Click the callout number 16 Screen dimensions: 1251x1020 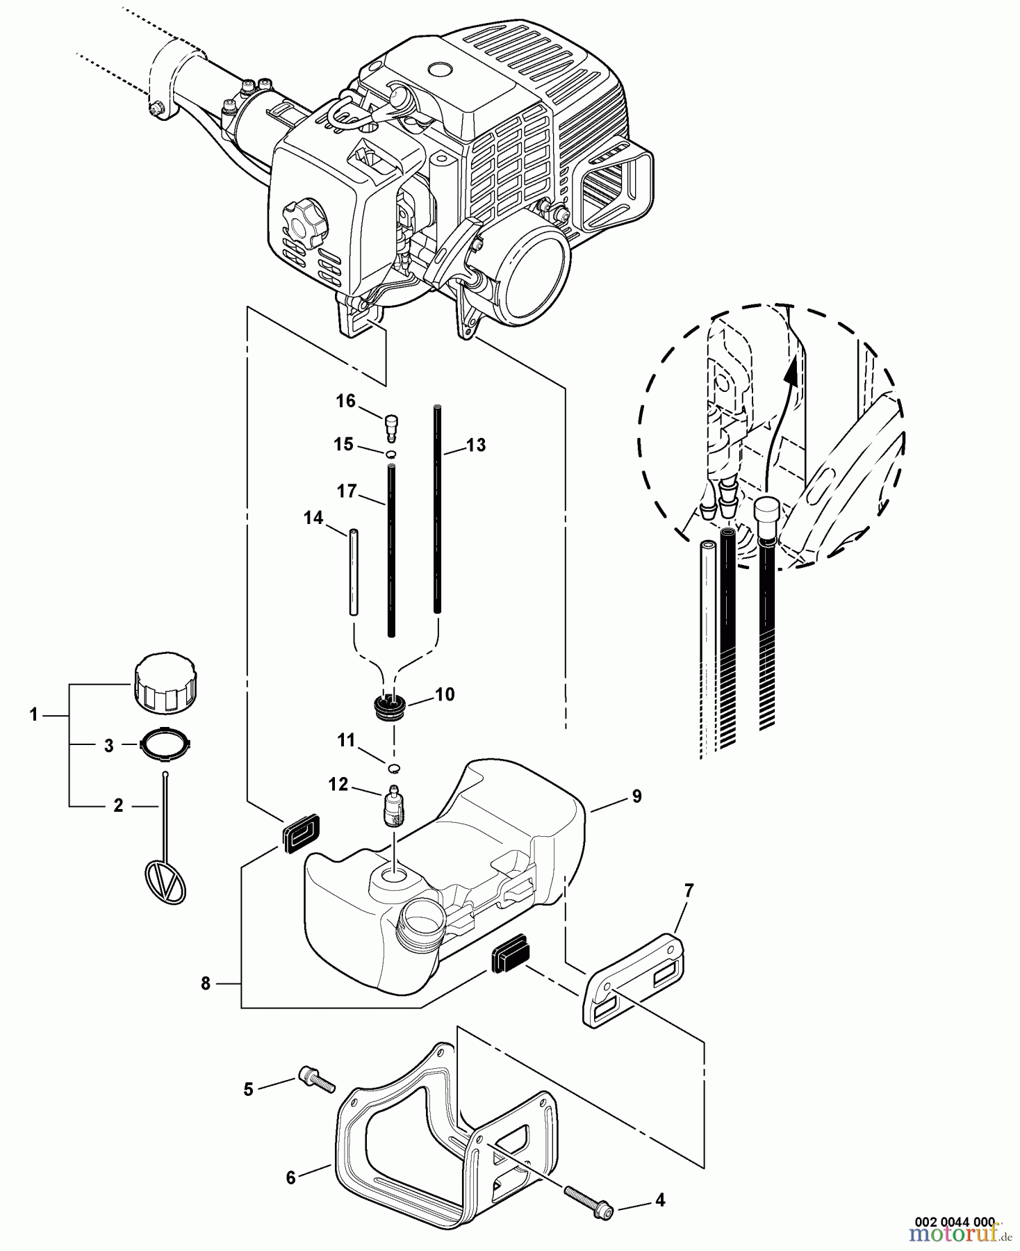point(345,401)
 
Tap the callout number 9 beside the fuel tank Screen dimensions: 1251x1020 point(636,796)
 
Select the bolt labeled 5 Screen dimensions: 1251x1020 point(316,1079)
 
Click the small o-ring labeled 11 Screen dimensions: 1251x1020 point(393,767)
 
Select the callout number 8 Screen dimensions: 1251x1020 point(205,984)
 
